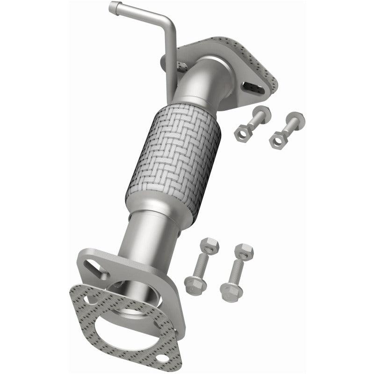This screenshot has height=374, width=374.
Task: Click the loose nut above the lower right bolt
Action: [x=244, y=250]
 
